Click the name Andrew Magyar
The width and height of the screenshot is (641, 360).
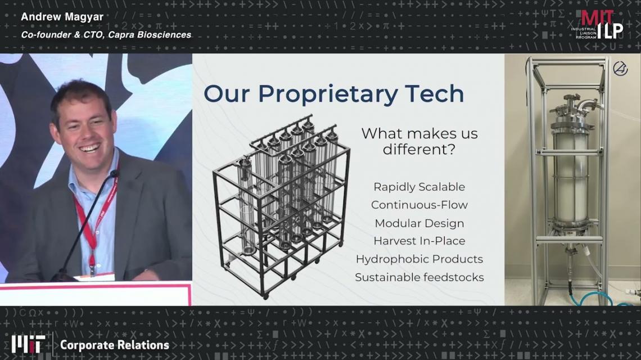62,17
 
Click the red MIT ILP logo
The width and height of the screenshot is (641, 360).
597,25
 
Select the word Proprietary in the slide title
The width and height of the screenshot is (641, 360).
328,94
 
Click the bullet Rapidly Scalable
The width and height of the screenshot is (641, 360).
419,187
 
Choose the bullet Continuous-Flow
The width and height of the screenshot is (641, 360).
419,205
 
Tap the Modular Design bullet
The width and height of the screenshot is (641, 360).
419,223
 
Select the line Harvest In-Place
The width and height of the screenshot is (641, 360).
419,241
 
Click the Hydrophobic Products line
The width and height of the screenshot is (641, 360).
419,259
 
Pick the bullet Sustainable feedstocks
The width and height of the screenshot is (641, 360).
419,277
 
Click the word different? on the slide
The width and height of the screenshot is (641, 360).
419,149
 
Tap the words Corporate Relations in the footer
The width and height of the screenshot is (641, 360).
115,345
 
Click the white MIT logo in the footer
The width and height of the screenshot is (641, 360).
28,344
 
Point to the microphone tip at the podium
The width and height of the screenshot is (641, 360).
114,173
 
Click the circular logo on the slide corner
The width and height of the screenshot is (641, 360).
620,68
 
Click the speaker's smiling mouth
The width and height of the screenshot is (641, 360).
91,148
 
